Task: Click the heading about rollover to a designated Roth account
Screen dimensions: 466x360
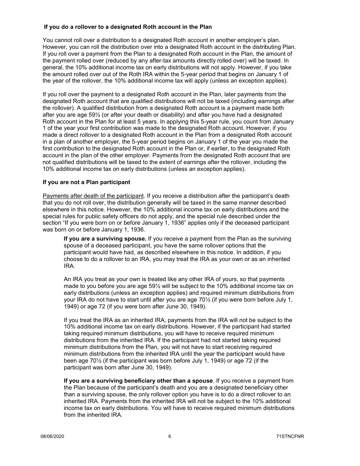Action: click(x=128, y=27)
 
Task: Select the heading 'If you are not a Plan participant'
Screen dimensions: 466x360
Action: click(x=86, y=182)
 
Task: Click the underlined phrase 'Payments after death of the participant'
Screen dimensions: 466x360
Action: click(x=93, y=196)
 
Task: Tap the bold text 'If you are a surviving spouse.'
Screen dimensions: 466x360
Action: click(x=105, y=239)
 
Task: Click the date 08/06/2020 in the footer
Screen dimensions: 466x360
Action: click(x=52, y=436)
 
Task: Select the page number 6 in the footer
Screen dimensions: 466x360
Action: click(x=170, y=436)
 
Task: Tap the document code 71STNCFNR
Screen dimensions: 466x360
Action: click(x=290, y=436)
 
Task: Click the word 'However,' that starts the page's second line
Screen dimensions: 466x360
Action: click(x=54, y=47)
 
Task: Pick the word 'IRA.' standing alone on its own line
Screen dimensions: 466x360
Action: click(x=69, y=266)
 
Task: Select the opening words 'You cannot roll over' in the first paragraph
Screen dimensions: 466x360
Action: click(x=67, y=40)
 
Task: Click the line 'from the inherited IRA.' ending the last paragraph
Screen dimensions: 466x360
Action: click(x=93, y=415)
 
